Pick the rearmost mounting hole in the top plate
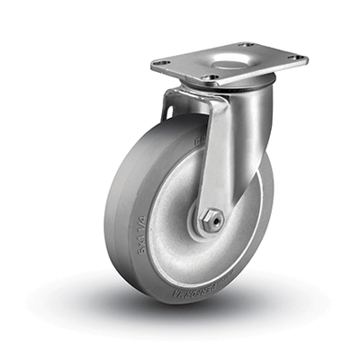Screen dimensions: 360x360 (x=244, y=44)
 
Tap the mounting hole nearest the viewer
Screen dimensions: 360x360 (x=211, y=78)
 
